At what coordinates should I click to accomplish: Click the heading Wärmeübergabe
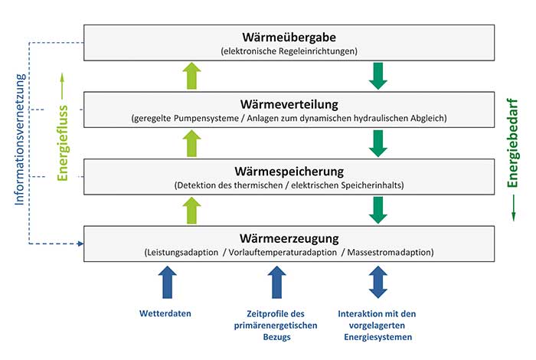click(289, 37)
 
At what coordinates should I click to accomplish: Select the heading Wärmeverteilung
click(289, 104)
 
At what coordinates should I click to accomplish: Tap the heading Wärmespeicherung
click(289, 172)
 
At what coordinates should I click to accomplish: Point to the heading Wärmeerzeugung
click(289, 238)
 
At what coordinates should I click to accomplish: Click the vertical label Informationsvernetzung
click(20, 139)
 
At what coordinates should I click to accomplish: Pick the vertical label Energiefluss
click(63, 143)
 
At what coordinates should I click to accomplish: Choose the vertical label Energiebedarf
click(512, 143)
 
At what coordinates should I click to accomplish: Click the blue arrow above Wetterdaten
click(168, 283)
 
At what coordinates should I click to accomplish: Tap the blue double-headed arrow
click(378, 283)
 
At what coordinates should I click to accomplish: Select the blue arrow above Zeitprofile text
click(277, 283)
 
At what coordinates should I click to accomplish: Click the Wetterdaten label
click(165, 313)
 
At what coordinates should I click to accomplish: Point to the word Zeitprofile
click(266, 314)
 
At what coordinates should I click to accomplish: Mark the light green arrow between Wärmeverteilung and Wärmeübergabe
click(191, 76)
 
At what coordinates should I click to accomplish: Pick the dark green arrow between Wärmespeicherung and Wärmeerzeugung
click(378, 211)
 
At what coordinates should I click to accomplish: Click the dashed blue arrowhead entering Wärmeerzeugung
click(81, 244)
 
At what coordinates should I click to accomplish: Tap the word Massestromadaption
click(389, 252)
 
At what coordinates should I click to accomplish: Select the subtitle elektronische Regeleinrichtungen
click(289, 51)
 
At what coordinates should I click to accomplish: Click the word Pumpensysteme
click(206, 118)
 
